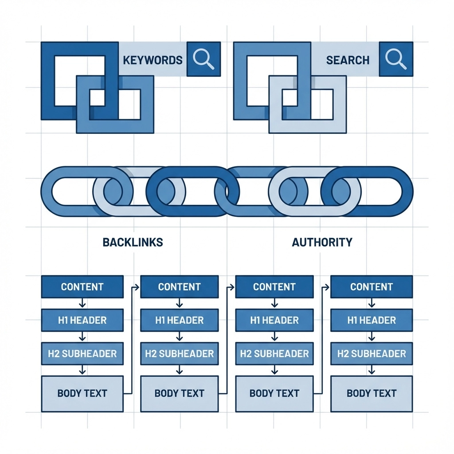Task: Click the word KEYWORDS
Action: [x=153, y=60]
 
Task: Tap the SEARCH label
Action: [x=348, y=60]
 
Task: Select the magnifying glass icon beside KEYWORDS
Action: [x=204, y=59]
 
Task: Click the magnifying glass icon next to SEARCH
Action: [x=396, y=59]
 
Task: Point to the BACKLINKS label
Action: [x=133, y=242]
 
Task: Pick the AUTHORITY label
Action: [x=322, y=242]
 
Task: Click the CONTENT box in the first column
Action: [x=82, y=286]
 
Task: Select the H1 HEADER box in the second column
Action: [x=179, y=320]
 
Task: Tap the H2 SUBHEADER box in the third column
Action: [x=274, y=354]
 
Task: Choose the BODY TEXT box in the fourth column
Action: [x=372, y=393]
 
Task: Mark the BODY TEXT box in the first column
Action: [x=82, y=393]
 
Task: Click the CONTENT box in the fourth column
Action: [x=372, y=286]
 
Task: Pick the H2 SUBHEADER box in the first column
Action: [x=82, y=354]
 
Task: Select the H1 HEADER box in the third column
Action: [x=274, y=320]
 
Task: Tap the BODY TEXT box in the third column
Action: [x=274, y=393]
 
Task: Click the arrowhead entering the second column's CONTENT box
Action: [x=138, y=287]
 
